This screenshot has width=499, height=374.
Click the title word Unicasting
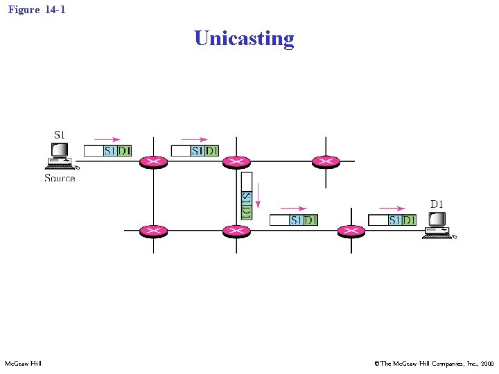(244, 38)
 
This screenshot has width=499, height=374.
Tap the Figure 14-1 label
(37, 10)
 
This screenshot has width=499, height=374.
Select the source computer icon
(61, 157)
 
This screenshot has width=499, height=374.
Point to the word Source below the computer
(60, 178)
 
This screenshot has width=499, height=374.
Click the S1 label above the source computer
(60, 134)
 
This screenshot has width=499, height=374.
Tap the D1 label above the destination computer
(437, 204)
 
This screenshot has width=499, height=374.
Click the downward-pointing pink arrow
(258, 195)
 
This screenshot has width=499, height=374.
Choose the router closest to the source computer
(153, 162)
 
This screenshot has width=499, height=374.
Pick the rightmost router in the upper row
(326, 162)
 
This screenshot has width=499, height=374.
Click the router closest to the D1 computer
(351, 231)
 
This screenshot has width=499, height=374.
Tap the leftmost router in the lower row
(153, 231)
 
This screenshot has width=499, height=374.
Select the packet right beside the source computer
(107, 150)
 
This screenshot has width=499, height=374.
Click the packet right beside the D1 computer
(392, 220)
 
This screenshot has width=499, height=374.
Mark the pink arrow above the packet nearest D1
(392, 208)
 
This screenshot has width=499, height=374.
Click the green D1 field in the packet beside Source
(124, 150)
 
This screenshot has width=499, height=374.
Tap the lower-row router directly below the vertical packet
(236, 231)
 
